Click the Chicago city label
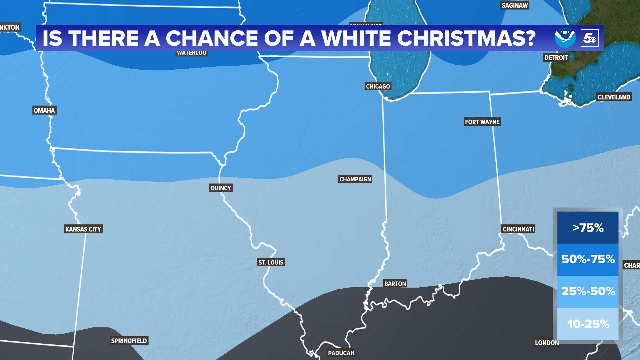pos(378,86)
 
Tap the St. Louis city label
pos(271,262)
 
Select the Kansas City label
pos(83,229)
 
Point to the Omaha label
pos(44,110)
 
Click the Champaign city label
pos(355,179)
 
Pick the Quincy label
pos(221,188)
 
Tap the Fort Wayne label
pos(482,122)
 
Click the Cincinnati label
pos(518,229)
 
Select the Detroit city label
pos(556,57)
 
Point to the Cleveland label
pos(614,97)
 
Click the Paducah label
pos(341,353)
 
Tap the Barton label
pos(395,284)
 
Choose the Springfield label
pos(129,341)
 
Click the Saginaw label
pos(514,5)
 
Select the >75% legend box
pos(588,228)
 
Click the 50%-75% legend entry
pos(588,259)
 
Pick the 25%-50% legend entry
pos(588,291)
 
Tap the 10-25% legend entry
pos(588,324)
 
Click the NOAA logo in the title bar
pos(565,38)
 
